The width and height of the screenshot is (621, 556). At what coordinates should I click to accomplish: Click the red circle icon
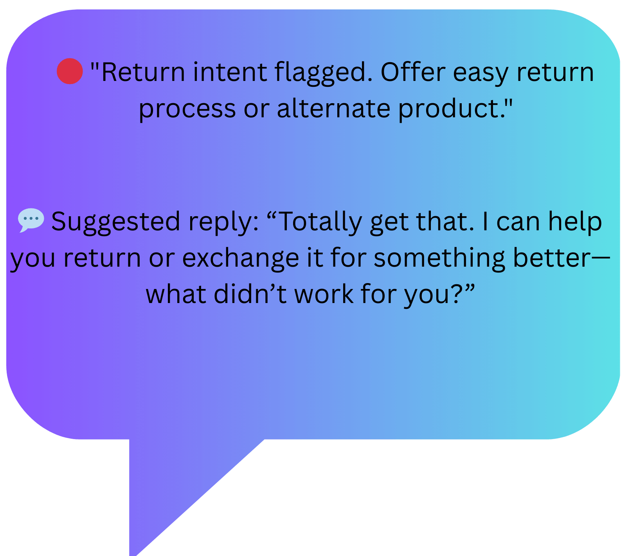tap(70, 71)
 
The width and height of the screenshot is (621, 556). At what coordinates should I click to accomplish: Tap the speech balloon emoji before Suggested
tap(31, 220)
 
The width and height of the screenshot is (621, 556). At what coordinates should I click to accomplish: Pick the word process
tap(187, 109)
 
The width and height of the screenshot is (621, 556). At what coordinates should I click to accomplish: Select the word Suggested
tap(115, 222)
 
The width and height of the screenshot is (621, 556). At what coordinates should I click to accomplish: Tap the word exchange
tap(241, 258)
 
